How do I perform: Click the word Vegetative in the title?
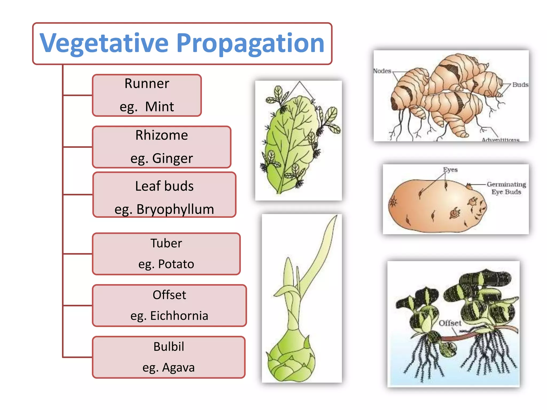[x=104, y=43]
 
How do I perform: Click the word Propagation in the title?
[x=250, y=43]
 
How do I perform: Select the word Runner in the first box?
[x=147, y=84]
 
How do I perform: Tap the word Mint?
[x=159, y=107]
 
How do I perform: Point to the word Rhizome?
[x=162, y=135]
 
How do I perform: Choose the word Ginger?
[x=172, y=159]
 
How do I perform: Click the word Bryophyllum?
[x=175, y=210]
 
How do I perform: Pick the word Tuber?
[x=166, y=243]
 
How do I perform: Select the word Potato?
[x=176, y=264]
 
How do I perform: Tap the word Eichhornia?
[x=179, y=316]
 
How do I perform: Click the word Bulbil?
[x=169, y=347]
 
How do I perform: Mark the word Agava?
[x=178, y=368]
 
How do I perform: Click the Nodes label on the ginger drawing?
[x=382, y=71]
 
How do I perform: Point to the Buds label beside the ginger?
[x=520, y=85]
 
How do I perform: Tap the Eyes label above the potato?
[x=450, y=170]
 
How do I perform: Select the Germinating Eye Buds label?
[x=506, y=188]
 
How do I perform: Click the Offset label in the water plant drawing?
[x=450, y=323]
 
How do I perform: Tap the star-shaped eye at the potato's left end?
[x=393, y=202]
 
